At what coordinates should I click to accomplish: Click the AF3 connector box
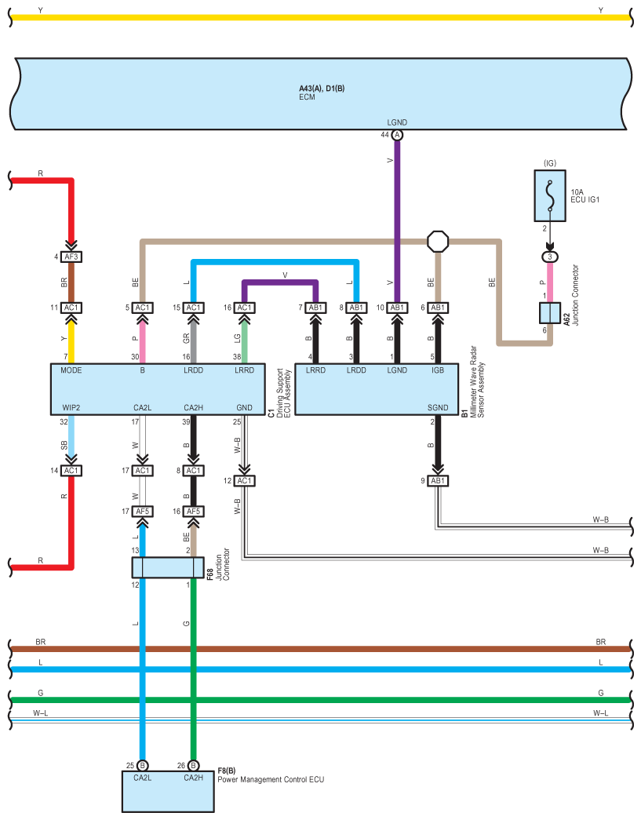tap(71, 257)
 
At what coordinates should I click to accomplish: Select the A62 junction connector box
tap(549, 312)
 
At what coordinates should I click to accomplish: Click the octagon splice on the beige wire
tap(437, 241)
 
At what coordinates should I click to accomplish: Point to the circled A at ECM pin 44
tap(397, 135)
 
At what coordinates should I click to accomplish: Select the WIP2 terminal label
tap(72, 407)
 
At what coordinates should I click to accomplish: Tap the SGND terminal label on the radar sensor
tap(438, 407)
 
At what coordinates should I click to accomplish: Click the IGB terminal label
tap(438, 370)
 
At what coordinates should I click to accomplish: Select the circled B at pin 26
tap(193, 765)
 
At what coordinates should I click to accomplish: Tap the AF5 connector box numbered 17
tap(143, 511)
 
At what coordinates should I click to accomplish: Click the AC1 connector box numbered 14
tap(71, 471)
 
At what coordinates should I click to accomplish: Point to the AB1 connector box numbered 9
tap(438, 480)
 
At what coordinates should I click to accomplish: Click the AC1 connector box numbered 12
tap(244, 480)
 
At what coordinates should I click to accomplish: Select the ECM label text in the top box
tap(307, 97)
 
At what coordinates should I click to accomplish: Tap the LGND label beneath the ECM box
tap(397, 122)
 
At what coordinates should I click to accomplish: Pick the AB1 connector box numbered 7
tap(316, 307)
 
